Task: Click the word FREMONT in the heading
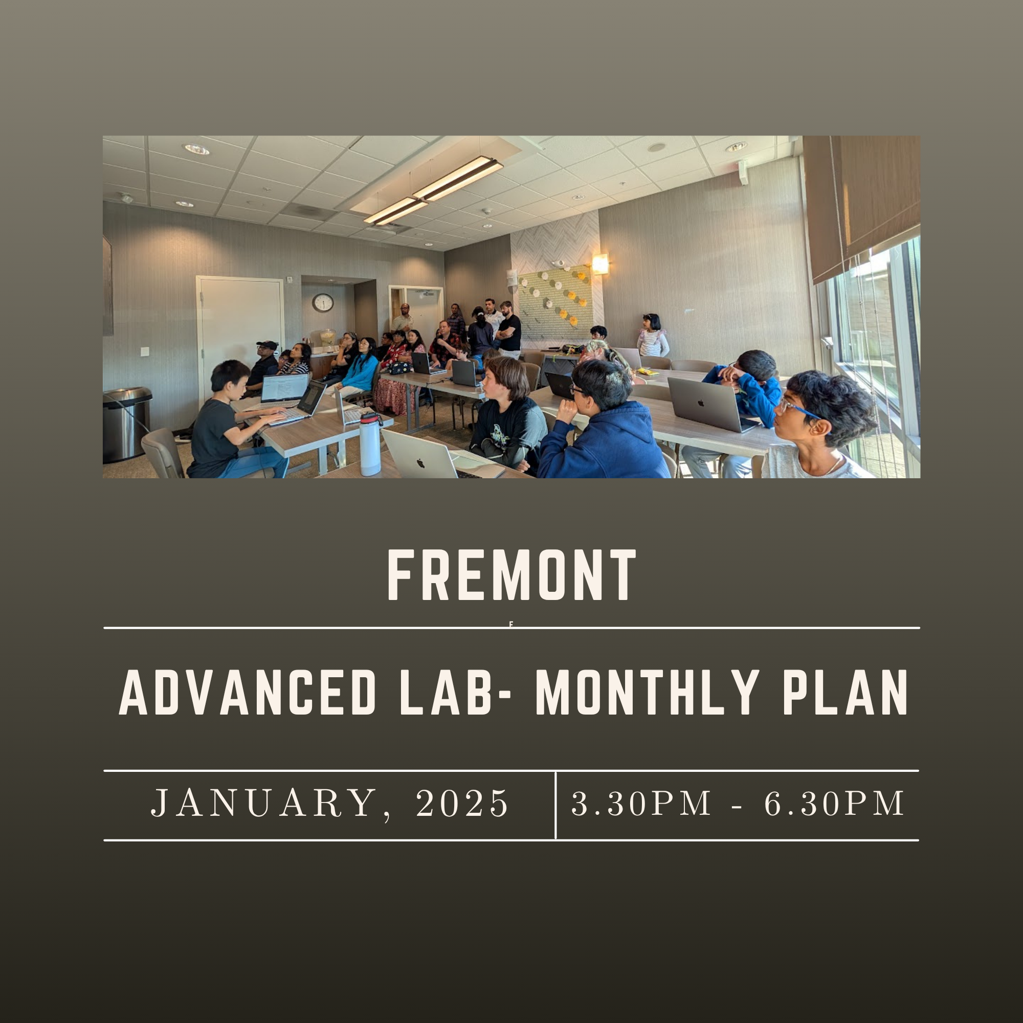click(x=511, y=575)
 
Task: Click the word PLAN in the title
click(x=845, y=692)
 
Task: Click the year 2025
click(x=462, y=803)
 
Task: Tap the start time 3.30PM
click(x=641, y=803)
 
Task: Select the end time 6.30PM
click(x=834, y=803)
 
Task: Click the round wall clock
click(x=322, y=302)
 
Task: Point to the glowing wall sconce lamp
click(x=600, y=264)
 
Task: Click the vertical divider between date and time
click(x=555, y=805)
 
